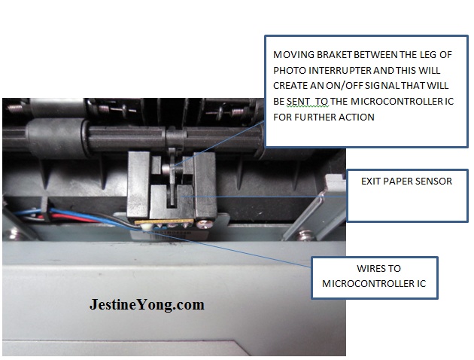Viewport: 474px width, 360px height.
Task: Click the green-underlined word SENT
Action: coord(298,102)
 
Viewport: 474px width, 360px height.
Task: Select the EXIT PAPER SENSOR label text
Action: coord(406,182)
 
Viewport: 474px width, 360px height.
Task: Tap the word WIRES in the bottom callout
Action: coord(370,269)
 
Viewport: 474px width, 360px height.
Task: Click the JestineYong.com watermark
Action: coord(147,304)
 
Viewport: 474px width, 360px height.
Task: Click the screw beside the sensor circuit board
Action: coord(202,224)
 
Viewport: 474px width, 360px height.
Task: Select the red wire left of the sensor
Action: coord(72,218)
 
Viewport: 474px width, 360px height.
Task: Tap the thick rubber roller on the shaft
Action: coord(57,138)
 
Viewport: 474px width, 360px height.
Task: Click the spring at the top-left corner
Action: coord(14,108)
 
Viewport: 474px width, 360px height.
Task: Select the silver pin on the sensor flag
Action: coord(166,169)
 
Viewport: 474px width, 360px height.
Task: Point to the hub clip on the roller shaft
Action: coord(175,138)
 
